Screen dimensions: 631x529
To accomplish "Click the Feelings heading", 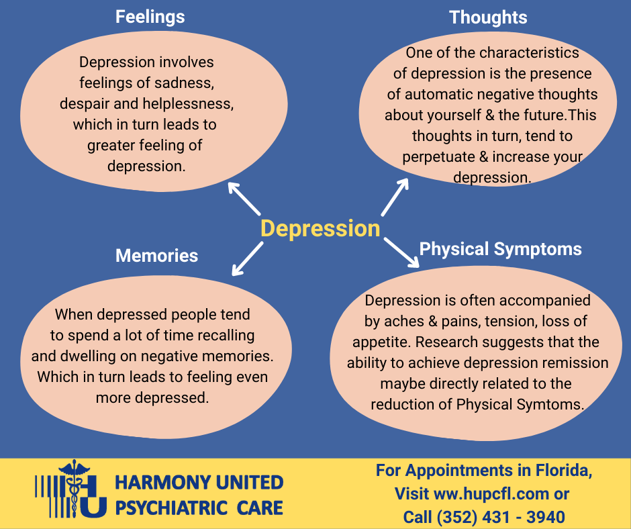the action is (x=150, y=17).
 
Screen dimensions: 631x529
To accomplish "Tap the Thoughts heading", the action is (x=488, y=17).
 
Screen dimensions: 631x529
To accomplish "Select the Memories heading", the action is (x=156, y=256).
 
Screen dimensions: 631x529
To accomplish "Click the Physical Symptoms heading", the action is (x=500, y=250).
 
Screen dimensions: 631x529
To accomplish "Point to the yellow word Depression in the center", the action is (x=320, y=229).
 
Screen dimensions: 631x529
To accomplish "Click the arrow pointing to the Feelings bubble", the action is (x=244, y=199).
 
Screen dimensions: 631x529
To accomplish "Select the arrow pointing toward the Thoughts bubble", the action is (x=395, y=197).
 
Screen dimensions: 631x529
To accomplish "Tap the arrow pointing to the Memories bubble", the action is (x=248, y=259).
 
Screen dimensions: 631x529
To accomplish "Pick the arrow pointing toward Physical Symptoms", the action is (x=401, y=252).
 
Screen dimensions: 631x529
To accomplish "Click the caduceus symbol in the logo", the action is (x=75, y=488).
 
